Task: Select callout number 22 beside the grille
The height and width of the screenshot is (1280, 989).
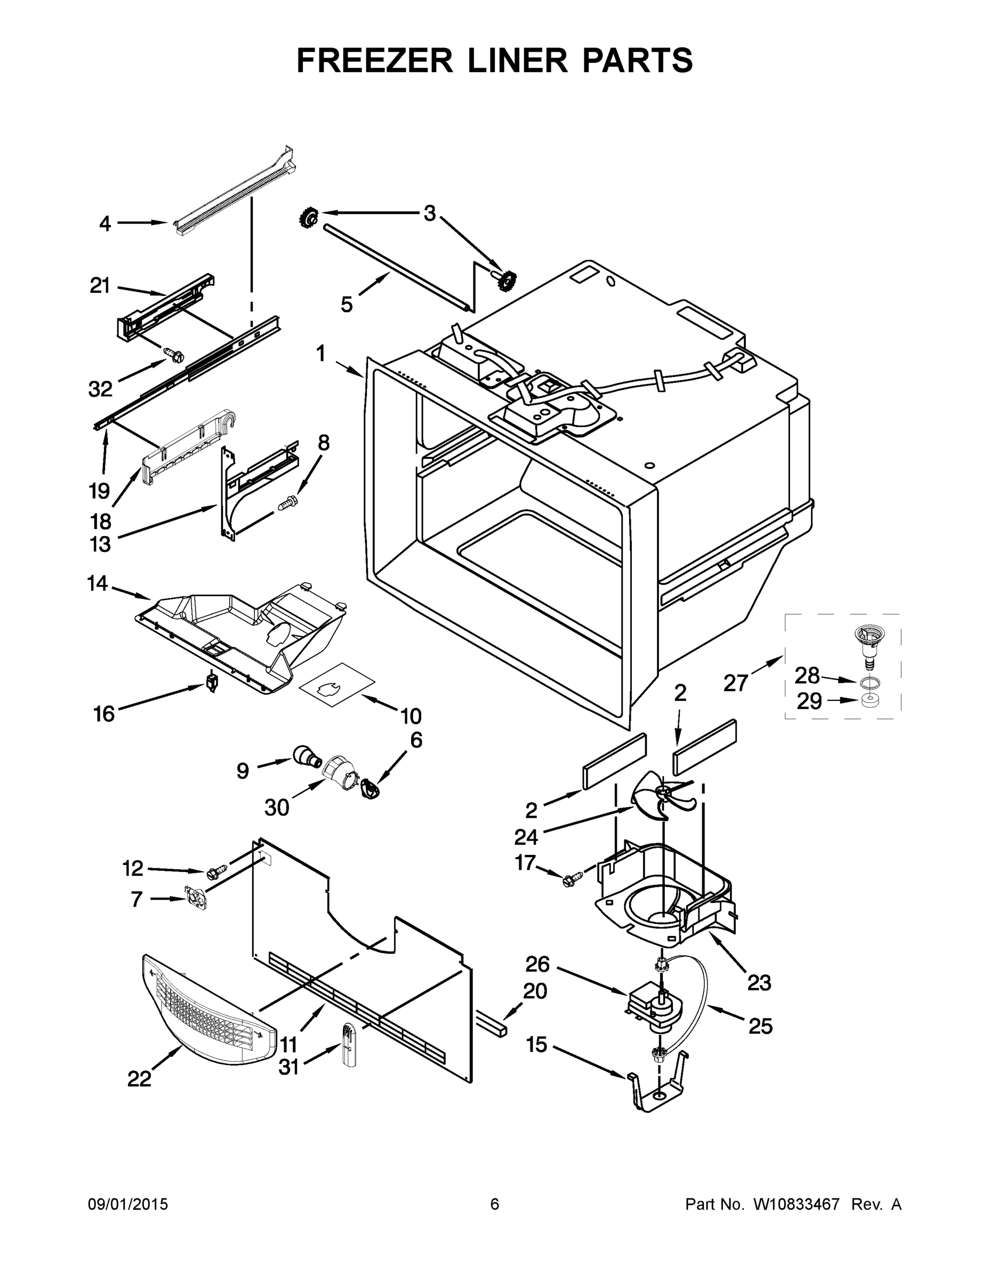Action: click(x=140, y=1078)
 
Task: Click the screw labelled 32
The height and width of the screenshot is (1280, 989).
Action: click(x=174, y=354)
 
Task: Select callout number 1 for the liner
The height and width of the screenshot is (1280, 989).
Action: click(x=320, y=354)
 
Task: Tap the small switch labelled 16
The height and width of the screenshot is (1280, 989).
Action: click(x=213, y=683)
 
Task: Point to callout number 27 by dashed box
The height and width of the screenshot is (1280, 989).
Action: click(x=736, y=683)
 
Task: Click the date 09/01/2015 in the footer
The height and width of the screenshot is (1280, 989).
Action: click(x=128, y=1205)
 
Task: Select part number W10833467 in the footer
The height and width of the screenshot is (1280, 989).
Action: click(x=796, y=1205)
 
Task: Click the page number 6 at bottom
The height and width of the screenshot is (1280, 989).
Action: click(x=495, y=1205)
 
